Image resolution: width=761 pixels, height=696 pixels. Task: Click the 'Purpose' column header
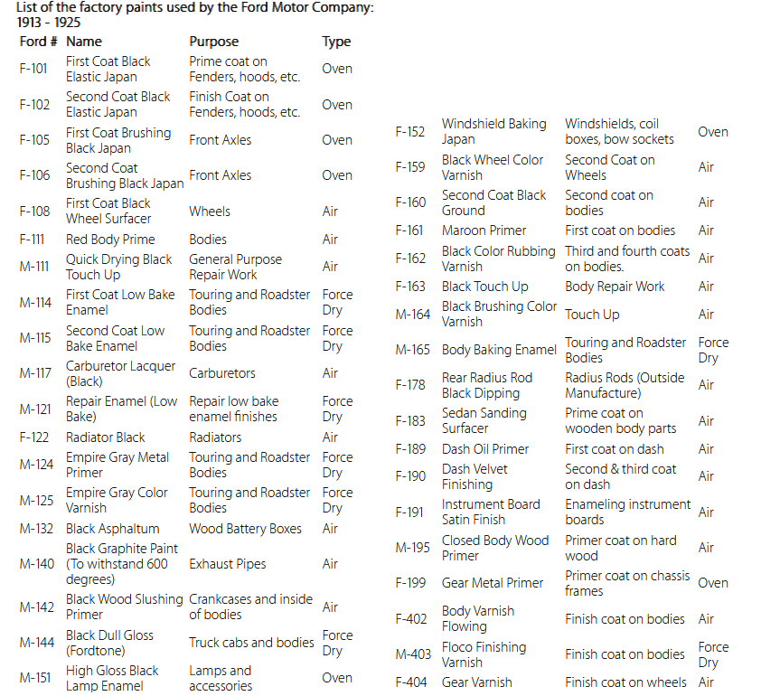(214, 42)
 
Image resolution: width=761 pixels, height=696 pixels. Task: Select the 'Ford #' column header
(39, 42)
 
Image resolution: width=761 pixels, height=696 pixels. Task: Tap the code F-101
(34, 69)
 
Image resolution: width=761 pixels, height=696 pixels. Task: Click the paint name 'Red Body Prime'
(110, 240)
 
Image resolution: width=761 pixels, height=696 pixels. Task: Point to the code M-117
(36, 373)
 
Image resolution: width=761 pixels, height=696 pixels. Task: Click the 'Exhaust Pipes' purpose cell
(228, 564)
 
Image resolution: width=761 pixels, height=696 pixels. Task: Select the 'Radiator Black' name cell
(106, 437)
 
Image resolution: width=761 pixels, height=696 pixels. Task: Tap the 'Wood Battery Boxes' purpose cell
(246, 529)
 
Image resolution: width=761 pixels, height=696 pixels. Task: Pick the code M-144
(37, 643)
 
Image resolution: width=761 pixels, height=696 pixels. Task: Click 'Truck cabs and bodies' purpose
(251, 643)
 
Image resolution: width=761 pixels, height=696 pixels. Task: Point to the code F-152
(410, 132)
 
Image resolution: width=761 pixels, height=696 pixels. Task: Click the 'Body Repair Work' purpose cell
(615, 287)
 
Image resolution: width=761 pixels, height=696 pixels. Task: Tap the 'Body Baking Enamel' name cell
(499, 350)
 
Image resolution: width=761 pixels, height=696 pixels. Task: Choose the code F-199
(410, 583)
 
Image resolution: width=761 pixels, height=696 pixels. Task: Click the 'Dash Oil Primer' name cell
(485, 449)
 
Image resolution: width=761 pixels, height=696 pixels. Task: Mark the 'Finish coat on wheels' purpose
(625, 682)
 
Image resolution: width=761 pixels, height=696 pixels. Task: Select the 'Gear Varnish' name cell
(477, 682)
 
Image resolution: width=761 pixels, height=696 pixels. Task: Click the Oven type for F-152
(713, 132)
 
